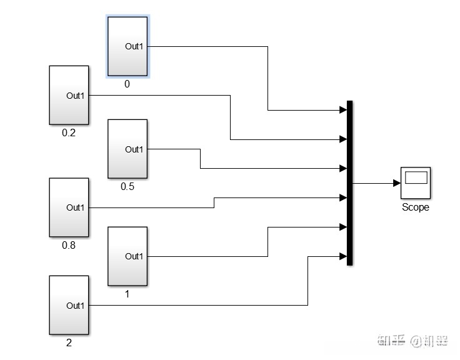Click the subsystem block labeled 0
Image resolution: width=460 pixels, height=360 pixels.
tap(127, 46)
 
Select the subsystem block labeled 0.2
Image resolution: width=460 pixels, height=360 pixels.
tap(69, 95)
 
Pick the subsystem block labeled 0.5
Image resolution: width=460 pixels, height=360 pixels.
tap(127, 149)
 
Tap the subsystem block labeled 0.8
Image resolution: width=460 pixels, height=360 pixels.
tap(69, 207)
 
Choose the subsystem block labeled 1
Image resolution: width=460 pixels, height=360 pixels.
tap(127, 256)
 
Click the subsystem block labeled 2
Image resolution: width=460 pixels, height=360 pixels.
tap(69, 305)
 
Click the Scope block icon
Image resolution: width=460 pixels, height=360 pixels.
tap(416, 182)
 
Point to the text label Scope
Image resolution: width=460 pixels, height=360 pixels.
tap(416, 207)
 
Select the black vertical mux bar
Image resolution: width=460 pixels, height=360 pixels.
tap(349, 182)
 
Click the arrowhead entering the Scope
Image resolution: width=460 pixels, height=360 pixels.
tap(397, 183)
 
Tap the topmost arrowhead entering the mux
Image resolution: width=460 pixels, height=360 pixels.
tap(343, 110)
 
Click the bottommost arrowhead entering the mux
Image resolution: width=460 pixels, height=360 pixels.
tap(343, 256)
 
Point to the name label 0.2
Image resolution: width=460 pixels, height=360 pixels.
tap(69, 132)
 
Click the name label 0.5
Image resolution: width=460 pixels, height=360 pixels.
tap(127, 186)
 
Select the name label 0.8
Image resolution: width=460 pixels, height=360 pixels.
tap(69, 245)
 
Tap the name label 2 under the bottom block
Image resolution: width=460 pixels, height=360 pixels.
tap(69, 343)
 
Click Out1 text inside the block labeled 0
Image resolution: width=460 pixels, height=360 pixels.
tap(134, 46)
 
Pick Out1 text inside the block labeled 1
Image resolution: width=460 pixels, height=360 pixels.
tap(134, 256)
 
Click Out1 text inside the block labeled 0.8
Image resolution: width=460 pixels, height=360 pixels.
tap(76, 207)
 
